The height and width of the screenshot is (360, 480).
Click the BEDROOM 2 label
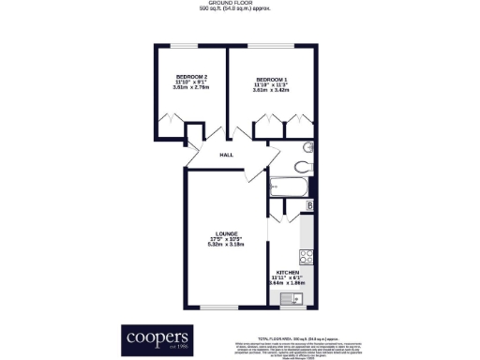(190, 77)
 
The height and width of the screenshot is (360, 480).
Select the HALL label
(226, 155)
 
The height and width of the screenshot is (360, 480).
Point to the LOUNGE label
(225, 233)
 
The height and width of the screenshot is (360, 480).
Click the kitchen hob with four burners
(306, 256)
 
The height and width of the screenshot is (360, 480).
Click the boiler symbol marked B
(310, 206)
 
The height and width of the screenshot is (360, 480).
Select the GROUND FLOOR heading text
(240, 4)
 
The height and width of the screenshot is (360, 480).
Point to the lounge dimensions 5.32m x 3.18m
(225, 245)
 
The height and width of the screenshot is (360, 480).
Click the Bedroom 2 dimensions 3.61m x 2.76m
(190, 90)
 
